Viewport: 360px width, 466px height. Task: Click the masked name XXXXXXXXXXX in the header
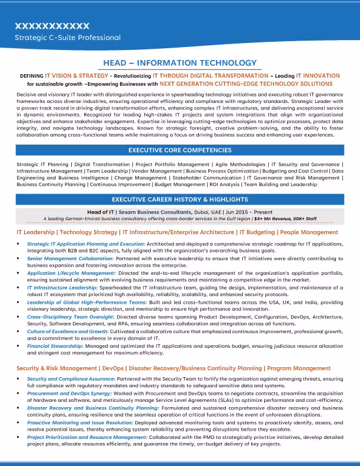tap(52, 26)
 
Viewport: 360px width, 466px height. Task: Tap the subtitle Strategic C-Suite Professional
tap(68, 38)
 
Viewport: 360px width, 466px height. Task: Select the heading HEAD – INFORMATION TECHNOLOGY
tap(179, 63)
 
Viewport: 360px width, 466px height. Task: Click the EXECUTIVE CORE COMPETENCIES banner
tap(179, 151)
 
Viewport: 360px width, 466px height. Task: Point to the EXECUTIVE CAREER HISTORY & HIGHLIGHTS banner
tap(179, 199)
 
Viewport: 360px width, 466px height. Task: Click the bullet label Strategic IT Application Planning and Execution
tap(78, 243)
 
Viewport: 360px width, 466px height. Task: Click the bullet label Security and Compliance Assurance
tap(71, 379)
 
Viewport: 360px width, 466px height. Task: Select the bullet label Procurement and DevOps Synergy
tap(68, 393)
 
